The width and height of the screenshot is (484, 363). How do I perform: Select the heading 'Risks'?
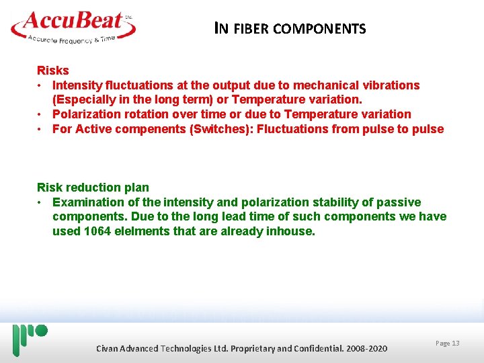(x=53, y=71)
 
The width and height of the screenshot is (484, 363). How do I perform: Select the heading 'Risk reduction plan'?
(x=93, y=188)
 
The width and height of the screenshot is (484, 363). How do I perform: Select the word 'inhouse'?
(x=290, y=231)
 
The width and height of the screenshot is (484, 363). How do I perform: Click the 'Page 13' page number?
(x=447, y=344)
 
